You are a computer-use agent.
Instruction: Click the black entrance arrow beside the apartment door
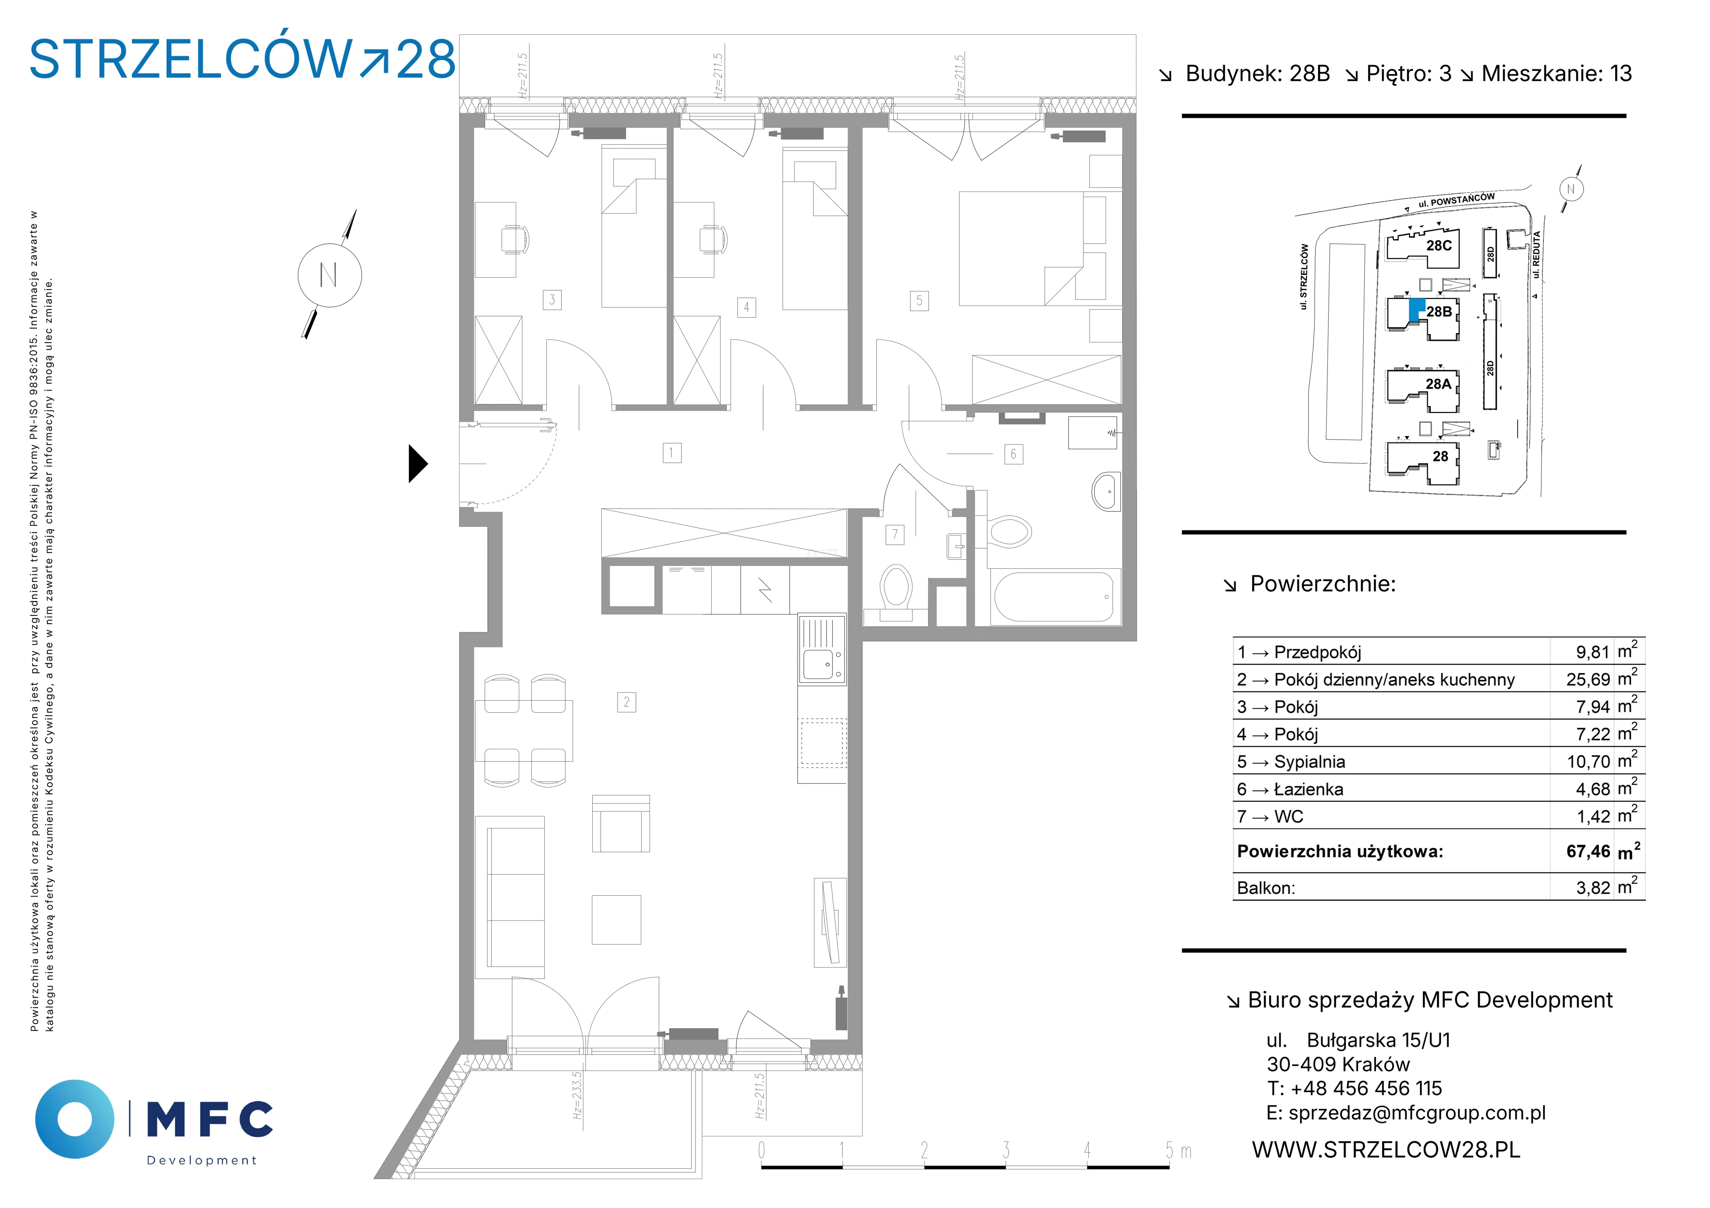pos(418,464)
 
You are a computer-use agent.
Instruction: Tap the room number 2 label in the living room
pos(627,702)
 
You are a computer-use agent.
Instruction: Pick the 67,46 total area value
pos(1588,852)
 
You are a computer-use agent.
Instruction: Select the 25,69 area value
pos(1588,679)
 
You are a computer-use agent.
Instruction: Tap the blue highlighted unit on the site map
pos(1417,309)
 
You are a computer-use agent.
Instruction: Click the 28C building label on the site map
pos(1439,246)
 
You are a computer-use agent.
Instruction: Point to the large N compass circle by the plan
pos(330,275)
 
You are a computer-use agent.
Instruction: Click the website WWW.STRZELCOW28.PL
pos(1386,1150)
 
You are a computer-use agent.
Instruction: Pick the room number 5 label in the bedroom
pos(919,301)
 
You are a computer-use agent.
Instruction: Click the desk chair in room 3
pos(515,240)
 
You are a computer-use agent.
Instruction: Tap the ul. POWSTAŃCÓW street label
pos(1456,200)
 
